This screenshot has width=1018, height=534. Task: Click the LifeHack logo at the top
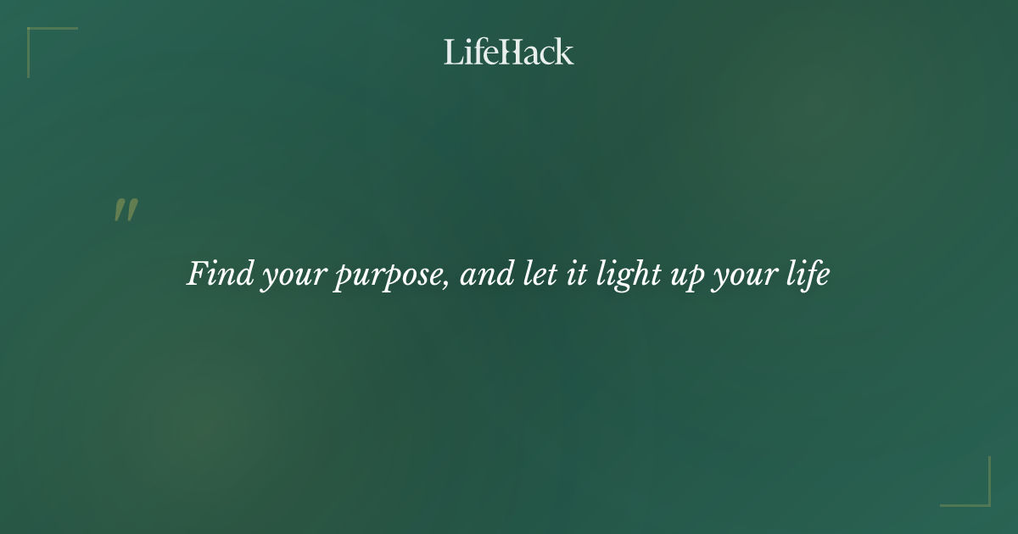coord(509,52)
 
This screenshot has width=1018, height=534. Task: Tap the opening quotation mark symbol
coord(126,210)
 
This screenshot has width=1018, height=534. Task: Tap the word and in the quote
coord(486,275)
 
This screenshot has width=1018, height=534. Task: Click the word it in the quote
coord(575,275)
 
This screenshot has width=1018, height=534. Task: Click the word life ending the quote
coord(806,275)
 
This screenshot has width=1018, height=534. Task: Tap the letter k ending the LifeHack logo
coord(565,52)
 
